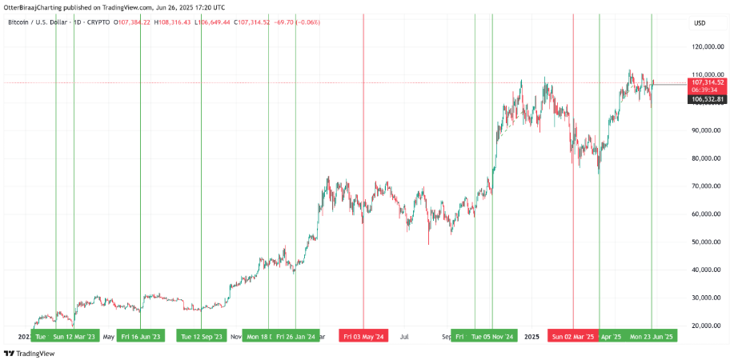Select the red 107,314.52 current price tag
(708, 82)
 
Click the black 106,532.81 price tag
(708, 99)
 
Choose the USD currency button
(699, 22)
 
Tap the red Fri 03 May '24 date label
(363, 335)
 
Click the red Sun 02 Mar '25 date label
(573, 335)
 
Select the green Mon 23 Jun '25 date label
(651, 335)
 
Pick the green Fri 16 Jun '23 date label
(141, 335)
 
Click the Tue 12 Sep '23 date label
(202, 335)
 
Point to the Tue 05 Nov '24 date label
(492, 335)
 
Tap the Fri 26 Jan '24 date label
(295, 335)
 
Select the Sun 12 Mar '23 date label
(74, 335)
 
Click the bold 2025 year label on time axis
(531, 336)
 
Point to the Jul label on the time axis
(406, 336)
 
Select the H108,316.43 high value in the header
(181, 22)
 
